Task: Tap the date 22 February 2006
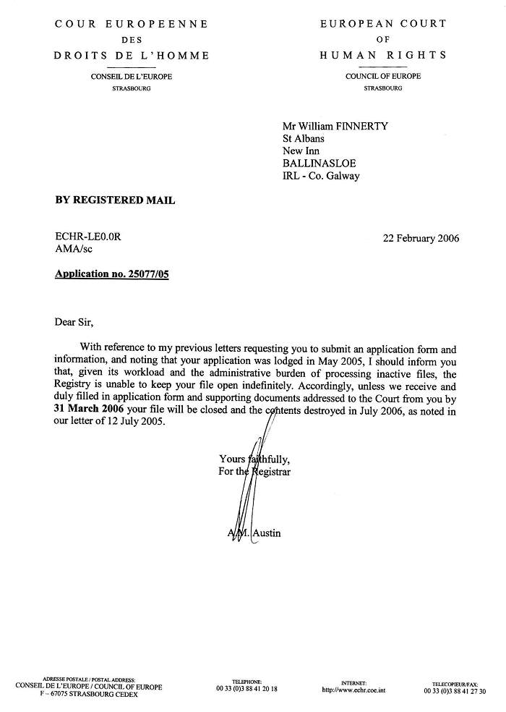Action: [421, 238]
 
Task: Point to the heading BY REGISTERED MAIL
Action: [115, 200]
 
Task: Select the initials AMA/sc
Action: [74, 250]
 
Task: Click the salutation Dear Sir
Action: [74, 322]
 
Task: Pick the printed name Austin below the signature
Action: [267, 533]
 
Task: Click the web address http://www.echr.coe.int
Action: [353, 690]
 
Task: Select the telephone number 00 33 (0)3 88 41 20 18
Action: [246, 689]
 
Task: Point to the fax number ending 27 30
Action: [455, 691]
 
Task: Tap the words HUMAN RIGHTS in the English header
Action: [383, 55]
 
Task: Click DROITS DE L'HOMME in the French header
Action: [132, 56]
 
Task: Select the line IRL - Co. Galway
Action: [321, 175]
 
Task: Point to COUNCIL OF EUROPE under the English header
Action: [383, 77]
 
